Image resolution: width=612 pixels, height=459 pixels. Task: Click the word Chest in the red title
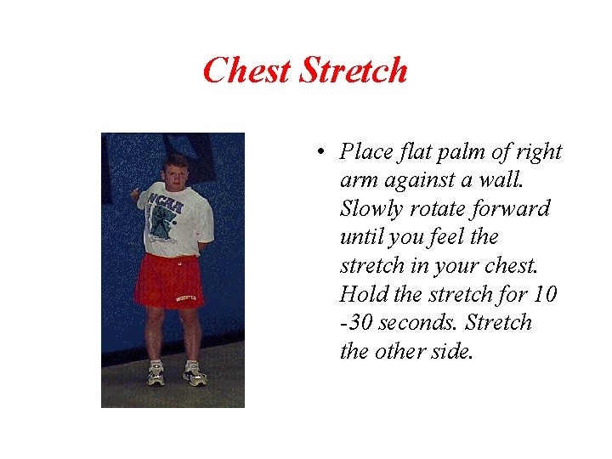[x=249, y=70]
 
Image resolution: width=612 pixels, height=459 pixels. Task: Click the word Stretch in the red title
[x=354, y=70]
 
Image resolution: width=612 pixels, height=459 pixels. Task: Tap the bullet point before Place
[x=316, y=153]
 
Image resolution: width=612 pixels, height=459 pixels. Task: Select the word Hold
[x=361, y=295]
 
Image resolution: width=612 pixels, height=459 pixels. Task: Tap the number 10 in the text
[x=544, y=295]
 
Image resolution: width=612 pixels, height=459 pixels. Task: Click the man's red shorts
[x=168, y=280]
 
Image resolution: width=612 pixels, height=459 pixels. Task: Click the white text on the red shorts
[x=186, y=298]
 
